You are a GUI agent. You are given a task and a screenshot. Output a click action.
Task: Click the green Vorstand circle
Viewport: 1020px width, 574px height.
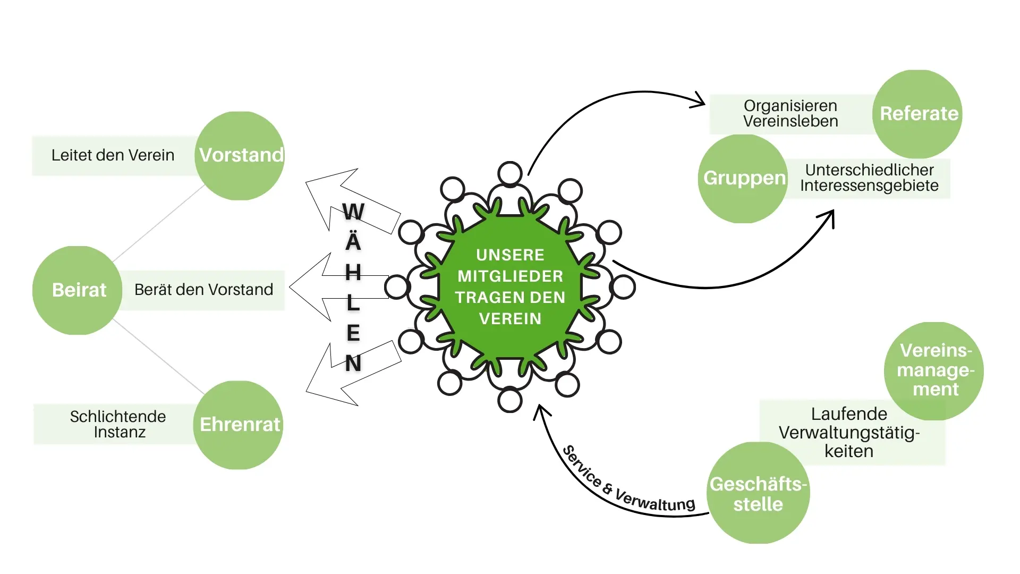[x=240, y=156]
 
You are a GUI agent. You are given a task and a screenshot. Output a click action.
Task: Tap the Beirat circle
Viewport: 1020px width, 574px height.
[x=78, y=290]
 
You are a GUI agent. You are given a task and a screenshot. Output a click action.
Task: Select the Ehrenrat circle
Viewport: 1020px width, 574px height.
[x=238, y=425]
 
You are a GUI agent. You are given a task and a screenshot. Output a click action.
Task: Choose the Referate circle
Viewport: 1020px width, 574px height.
[x=917, y=114]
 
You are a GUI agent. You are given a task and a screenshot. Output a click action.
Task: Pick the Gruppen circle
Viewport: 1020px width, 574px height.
[x=743, y=179]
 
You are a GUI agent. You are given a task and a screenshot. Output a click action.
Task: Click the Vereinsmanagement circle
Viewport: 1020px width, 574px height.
[x=934, y=370]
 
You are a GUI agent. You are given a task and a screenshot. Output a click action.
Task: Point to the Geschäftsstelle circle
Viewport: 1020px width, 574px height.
[x=758, y=493]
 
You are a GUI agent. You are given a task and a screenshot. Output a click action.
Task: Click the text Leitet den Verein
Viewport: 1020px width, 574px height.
[x=113, y=155]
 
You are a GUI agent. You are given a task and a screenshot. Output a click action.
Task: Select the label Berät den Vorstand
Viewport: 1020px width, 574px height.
[x=203, y=290]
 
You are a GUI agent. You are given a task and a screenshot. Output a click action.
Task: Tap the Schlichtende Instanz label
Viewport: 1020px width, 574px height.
[x=118, y=424]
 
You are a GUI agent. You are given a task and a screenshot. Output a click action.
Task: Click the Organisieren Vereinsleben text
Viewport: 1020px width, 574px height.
[x=790, y=114]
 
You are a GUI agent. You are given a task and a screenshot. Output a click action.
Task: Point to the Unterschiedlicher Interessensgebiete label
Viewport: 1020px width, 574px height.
[x=869, y=178]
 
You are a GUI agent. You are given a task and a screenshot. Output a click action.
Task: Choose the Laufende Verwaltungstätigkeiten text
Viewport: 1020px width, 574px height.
[x=849, y=433]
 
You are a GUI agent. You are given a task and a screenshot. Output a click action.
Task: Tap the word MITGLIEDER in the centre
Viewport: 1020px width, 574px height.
[x=510, y=276]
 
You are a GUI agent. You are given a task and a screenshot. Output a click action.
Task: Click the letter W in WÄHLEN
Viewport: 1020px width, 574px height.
[x=353, y=212]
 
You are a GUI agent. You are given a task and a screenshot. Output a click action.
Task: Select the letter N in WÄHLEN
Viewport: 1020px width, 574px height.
[x=353, y=364]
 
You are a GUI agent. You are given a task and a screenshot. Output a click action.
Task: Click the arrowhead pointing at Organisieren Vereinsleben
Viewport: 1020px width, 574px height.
[x=699, y=100]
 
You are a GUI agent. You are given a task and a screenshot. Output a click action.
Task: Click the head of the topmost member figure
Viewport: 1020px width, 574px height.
[x=510, y=173]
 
